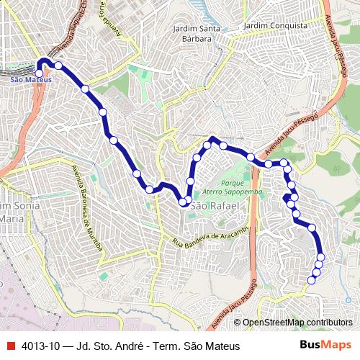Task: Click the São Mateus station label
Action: point(31,79)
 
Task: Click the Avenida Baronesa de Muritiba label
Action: point(87,210)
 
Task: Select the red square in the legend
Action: point(10,346)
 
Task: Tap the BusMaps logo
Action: point(326,345)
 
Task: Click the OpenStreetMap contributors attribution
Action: point(297,323)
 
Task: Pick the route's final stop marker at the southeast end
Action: point(312,280)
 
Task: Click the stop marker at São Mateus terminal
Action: point(39,73)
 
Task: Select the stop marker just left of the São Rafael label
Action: point(184,203)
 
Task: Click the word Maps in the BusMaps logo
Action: point(338,345)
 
